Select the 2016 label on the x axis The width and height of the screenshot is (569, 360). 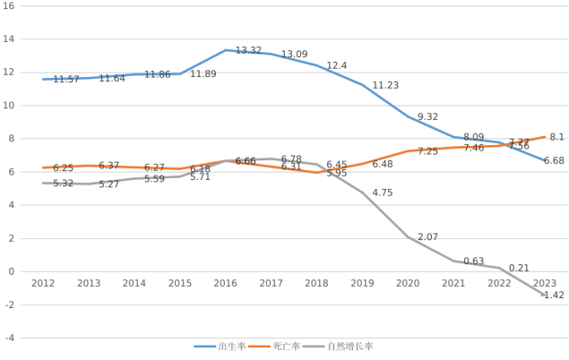[225, 283]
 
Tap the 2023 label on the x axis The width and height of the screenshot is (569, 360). [543, 283]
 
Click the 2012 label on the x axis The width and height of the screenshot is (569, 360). [42, 283]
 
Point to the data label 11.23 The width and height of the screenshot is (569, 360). [385, 86]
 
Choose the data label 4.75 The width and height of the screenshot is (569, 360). [383, 193]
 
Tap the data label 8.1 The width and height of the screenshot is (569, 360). [556, 137]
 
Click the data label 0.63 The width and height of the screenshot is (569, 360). [474, 261]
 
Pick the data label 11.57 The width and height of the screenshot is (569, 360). [66, 80]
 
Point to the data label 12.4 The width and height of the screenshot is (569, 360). [337, 66]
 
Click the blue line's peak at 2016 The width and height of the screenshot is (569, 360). [225, 50]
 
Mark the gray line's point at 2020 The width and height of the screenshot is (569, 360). [408, 237]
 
